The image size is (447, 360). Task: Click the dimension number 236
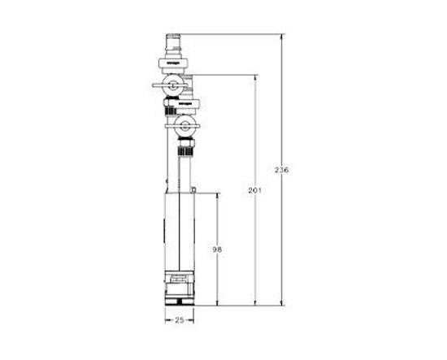pyautogui.click(x=282, y=170)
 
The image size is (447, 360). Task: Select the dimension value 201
pyautogui.click(x=254, y=190)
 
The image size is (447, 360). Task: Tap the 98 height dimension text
pyautogui.click(x=217, y=249)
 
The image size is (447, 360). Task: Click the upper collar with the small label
pyautogui.click(x=173, y=61)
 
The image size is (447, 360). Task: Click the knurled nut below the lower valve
pyautogui.click(x=185, y=148)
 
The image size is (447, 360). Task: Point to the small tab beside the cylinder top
pyautogui.click(x=195, y=189)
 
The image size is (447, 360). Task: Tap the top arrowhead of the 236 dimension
pyautogui.click(x=282, y=37)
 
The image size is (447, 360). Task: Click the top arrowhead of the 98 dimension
pyautogui.click(x=217, y=196)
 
